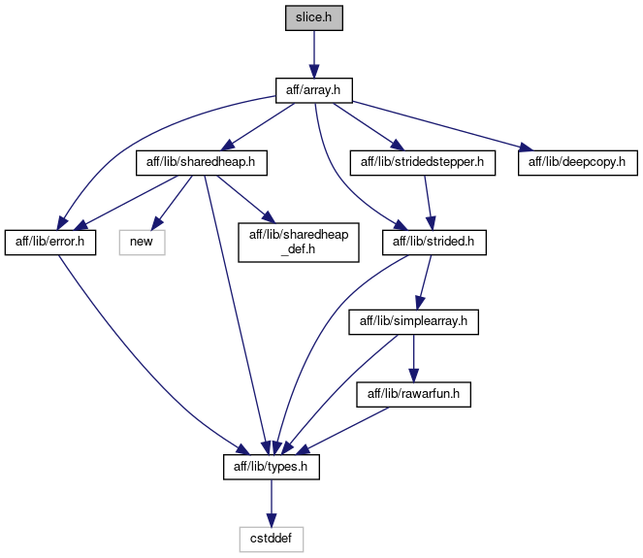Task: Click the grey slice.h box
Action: click(314, 18)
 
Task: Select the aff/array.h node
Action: click(313, 90)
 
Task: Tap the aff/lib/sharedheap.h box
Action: click(202, 163)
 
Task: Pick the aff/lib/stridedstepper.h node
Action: click(423, 163)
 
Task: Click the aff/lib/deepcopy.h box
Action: click(578, 163)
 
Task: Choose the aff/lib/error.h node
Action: click(50, 243)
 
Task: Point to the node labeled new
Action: click(142, 243)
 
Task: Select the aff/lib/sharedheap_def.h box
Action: click(299, 243)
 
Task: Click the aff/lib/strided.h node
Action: click(434, 243)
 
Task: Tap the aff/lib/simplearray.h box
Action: click(413, 322)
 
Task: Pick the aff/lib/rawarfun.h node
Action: click(413, 395)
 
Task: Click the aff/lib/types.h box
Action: click(271, 467)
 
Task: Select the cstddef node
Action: click(271, 540)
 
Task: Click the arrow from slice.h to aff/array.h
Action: click(314, 54)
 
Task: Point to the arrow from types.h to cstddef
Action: click(271, 503)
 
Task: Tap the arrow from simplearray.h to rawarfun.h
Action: click(413, 358)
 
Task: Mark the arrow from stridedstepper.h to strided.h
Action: click(428, 203)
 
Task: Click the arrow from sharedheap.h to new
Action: click(173, 202)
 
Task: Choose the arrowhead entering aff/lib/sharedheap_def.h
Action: click(269, 216)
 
